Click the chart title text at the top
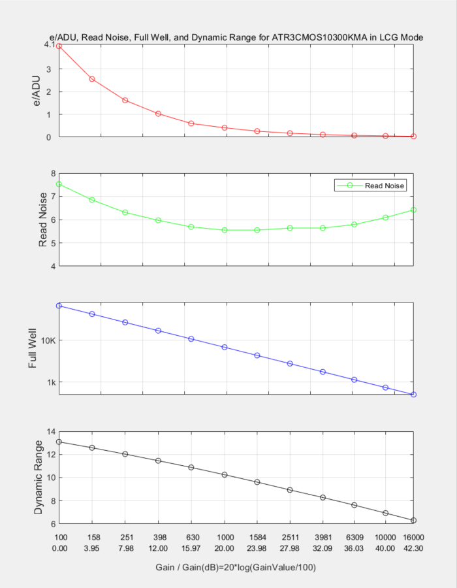click(236, 37)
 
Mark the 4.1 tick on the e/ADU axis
click(49, 44)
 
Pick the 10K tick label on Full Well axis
click(47, 340)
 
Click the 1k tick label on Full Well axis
click(50, 382)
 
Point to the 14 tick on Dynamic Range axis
click(50, 432)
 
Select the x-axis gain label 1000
click(224, 537)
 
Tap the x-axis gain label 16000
click(413, 537)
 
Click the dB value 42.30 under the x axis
click(413, 548)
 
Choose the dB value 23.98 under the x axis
click(257, 548)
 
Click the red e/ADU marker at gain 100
click(59, 46)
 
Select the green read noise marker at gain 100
click(59, 184)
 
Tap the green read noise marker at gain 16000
click(413, 210)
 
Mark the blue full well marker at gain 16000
click(413, 395)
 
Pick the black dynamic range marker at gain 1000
click(224, 474)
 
